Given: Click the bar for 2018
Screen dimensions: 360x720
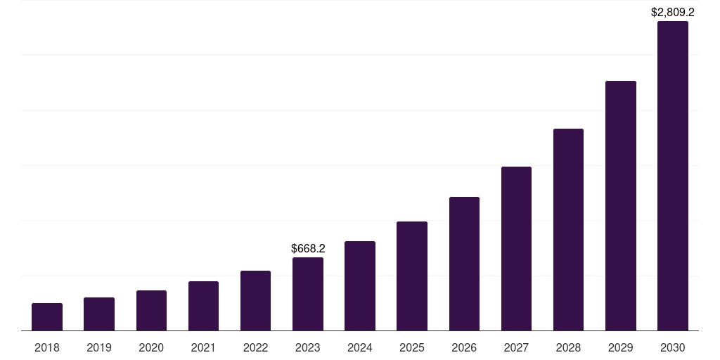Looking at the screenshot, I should pyautogui.click(x=47, y=317).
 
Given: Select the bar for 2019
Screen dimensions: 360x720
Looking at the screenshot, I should pyautogui.click(x=99, y=314).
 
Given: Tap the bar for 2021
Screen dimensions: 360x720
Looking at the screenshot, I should pyautogui.click(x=203, y=306).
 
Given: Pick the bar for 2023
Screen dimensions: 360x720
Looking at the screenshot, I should pyautogui.click(x=308, y=294).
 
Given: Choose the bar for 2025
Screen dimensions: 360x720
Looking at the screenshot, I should pyautogui.click(x=412, y=276).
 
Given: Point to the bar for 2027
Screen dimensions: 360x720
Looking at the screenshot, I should pyautogui.click(x=516, y=249).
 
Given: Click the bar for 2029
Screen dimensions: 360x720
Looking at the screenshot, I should pyautogui.click(x=620, y=206).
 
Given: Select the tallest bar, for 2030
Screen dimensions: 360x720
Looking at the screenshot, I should pyautogui.click(x=673, y=176).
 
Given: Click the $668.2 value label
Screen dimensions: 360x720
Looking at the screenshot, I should pyautogui.click(x=308, y=248).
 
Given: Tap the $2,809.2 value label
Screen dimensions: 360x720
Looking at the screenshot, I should pyautogui.click(x=673, y=12).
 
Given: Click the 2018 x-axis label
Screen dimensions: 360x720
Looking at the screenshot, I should pyautogui.click(x=47, y=347).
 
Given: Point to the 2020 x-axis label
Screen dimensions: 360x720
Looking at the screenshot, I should pyautogui.click(x=151, y=347).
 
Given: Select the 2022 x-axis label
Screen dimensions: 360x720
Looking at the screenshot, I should pyautogui.click(x=255, y=347).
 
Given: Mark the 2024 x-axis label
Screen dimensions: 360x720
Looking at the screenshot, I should pyautogui.click(x=360, y=347).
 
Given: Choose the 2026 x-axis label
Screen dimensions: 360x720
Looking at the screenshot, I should pyautogui.click(x=464, y=347).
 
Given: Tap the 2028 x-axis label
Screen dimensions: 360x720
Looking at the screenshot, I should pyautogui.click(x=568, y=347).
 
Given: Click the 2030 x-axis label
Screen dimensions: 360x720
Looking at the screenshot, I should pyautogui.click(x=673, y=347).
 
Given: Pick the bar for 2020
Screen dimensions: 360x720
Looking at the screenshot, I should pyautogui.click(x=151, y=311).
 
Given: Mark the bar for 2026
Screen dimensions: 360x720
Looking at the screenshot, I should pyautogui.click(x=464, y=264).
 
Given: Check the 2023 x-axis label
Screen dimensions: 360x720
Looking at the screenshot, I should pyautogui.click(x=308, y=347).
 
